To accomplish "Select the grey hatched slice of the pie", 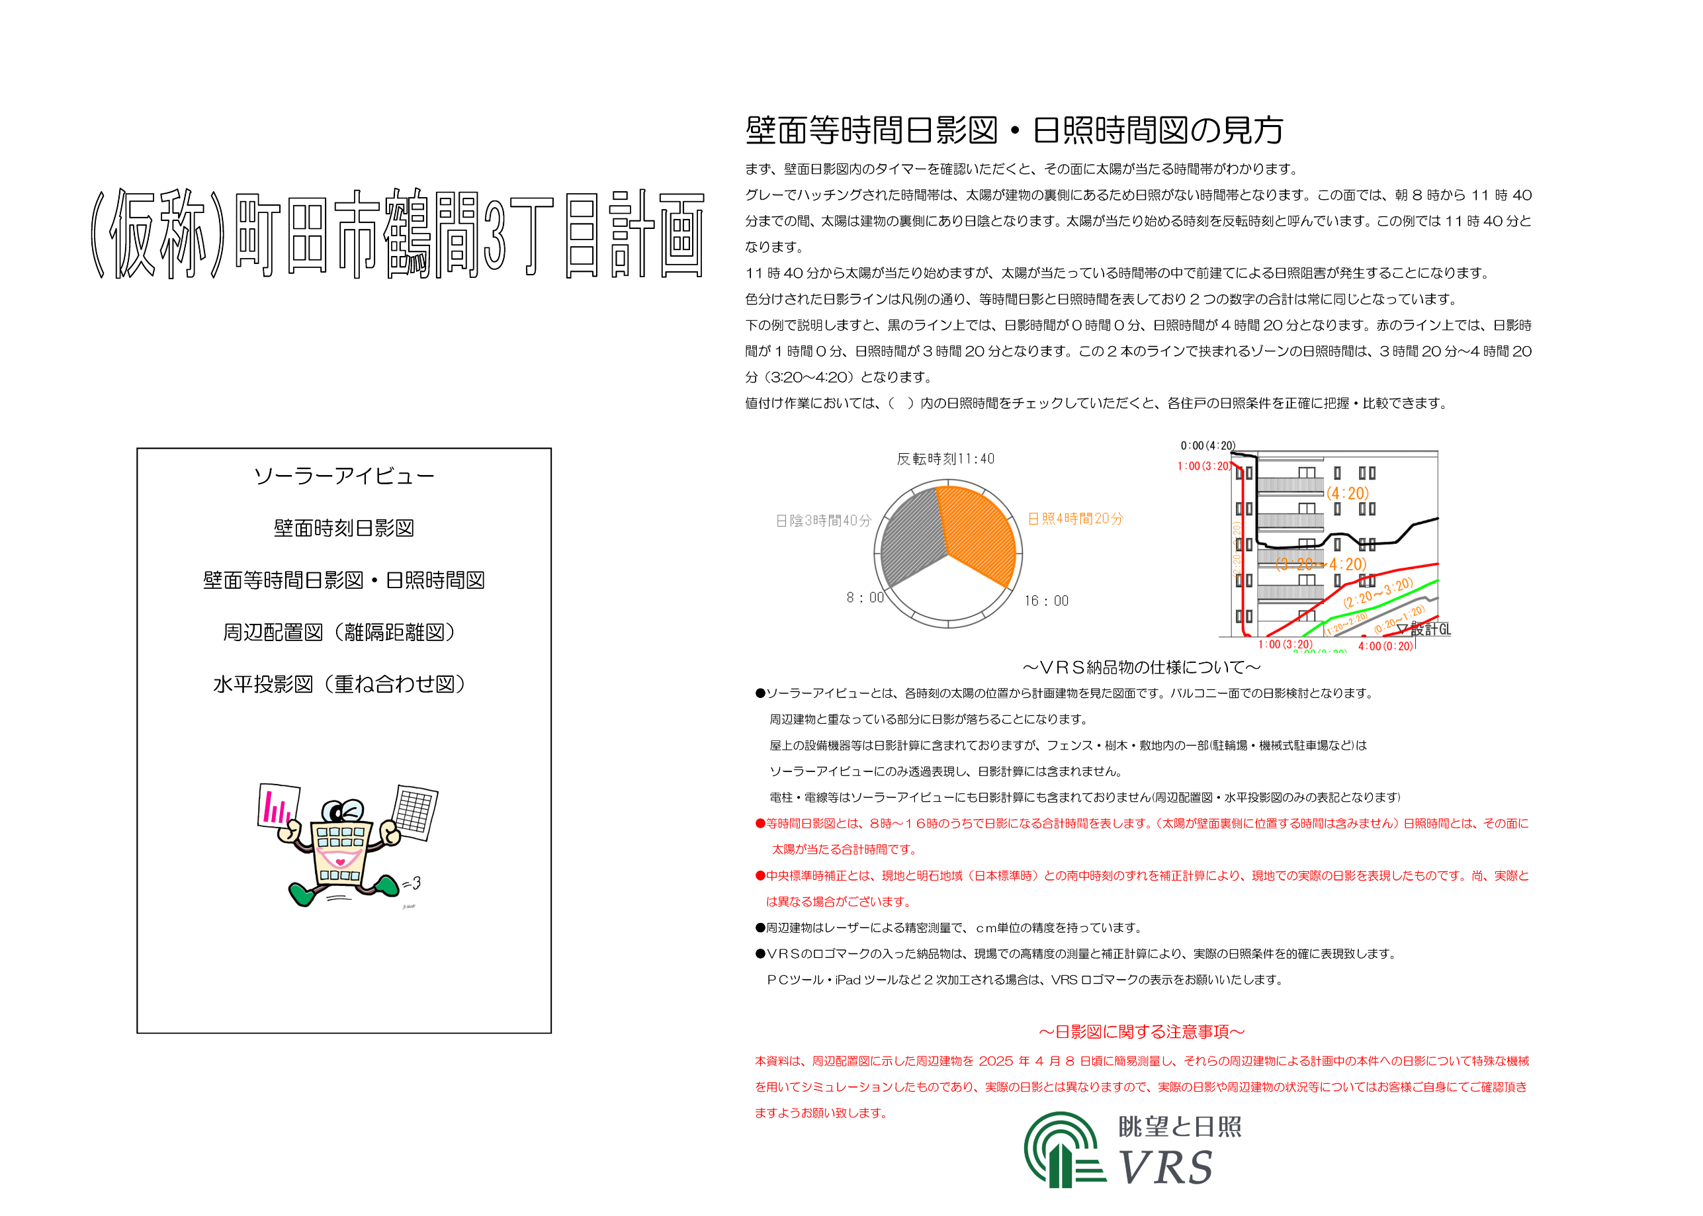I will coord(912,539).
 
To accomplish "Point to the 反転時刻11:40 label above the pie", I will coord(945,459).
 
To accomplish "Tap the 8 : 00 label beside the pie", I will coord(865,597).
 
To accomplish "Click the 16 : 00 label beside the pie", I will coord(1047,601).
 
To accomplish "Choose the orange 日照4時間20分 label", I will coord(1075,519).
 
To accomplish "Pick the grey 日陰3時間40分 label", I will coord(824,521).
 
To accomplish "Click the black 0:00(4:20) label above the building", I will coord(1207,445).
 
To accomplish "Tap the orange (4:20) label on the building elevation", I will coord(1348,494).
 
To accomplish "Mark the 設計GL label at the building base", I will coord(1430,629).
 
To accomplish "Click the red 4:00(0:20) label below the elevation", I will coord(1385,646).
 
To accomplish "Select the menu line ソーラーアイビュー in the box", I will coord(343,476).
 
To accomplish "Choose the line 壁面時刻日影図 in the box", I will coord(343,528).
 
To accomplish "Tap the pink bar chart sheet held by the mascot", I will coord(278,806).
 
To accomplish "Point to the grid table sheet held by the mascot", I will coord(415,812).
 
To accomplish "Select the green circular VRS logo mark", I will coord(1061,1149).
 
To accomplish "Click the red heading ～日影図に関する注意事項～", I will coord(1141,1032).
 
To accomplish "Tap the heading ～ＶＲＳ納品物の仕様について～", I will coord(1141,667).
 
